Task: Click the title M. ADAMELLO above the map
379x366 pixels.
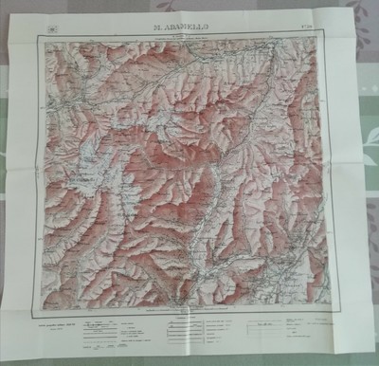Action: [187, 17]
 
